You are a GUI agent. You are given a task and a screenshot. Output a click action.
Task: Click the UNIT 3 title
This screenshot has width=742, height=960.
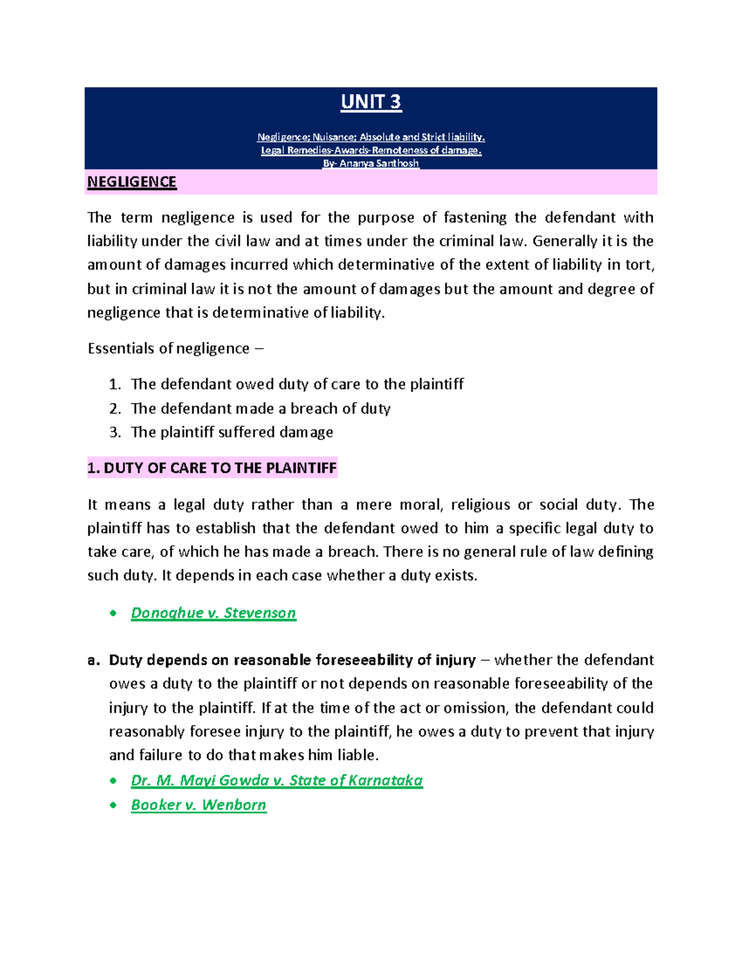(x=371, y=102)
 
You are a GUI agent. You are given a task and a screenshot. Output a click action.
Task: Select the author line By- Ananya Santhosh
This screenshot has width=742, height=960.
(x=371, y=164)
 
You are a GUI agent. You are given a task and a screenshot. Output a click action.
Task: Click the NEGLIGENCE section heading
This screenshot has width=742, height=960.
(x=132, y=182)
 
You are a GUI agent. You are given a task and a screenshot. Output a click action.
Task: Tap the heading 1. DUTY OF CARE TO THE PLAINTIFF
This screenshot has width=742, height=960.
(x=212, y=468)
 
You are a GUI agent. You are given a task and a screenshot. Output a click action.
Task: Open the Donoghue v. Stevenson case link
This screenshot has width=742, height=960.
(x=213, y=613)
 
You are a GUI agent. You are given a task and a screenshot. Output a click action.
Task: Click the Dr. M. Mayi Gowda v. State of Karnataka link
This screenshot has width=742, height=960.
(x=276, y=780)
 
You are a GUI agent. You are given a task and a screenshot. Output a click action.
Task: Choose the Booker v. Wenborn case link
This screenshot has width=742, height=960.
(x=198, y=805)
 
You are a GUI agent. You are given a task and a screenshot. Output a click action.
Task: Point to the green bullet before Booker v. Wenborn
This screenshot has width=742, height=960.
(x=113, y=805)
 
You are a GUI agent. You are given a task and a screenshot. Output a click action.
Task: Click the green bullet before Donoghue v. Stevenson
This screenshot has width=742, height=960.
(x=113, y=613)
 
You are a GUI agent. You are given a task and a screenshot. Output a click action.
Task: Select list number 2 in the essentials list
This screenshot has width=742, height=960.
(x=114, y=409)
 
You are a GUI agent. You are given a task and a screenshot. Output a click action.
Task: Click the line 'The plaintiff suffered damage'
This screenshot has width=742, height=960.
(x=232, y=432)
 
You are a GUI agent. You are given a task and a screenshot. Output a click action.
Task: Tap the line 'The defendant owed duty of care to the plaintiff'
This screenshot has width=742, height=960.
(x=297, y=384)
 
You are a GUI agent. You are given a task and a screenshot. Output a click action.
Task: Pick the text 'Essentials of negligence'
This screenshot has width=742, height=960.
(x=168, y=349)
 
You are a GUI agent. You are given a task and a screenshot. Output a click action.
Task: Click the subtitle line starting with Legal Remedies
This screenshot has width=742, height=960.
(x=371, y=150)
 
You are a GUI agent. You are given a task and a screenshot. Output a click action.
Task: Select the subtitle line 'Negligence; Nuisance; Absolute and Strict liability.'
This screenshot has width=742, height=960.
(x=371, y=137)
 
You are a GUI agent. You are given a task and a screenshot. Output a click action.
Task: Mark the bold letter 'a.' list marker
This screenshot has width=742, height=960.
(x=93, y=660)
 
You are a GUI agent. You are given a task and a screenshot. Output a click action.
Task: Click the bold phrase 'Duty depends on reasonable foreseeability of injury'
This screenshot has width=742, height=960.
(x=292, y=660)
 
